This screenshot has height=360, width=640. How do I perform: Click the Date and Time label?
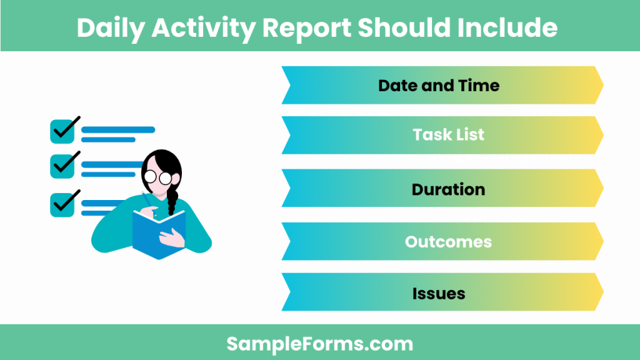tap(439, 85)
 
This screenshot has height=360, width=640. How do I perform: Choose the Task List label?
tap(448, 134)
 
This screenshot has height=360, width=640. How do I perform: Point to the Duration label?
tap(448, 189)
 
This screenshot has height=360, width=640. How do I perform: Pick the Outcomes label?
tap(448, 241)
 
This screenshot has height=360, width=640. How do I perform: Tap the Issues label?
tap(439, 292)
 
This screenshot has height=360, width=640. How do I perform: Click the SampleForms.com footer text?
tap(319, 343)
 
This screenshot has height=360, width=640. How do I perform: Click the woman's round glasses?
tap(158, 177)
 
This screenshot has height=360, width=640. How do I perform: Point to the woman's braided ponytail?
tap(171, 201)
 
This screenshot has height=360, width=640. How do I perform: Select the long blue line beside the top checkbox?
tap(118, 130)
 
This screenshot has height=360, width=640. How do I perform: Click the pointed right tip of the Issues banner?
tap(598, 292)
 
